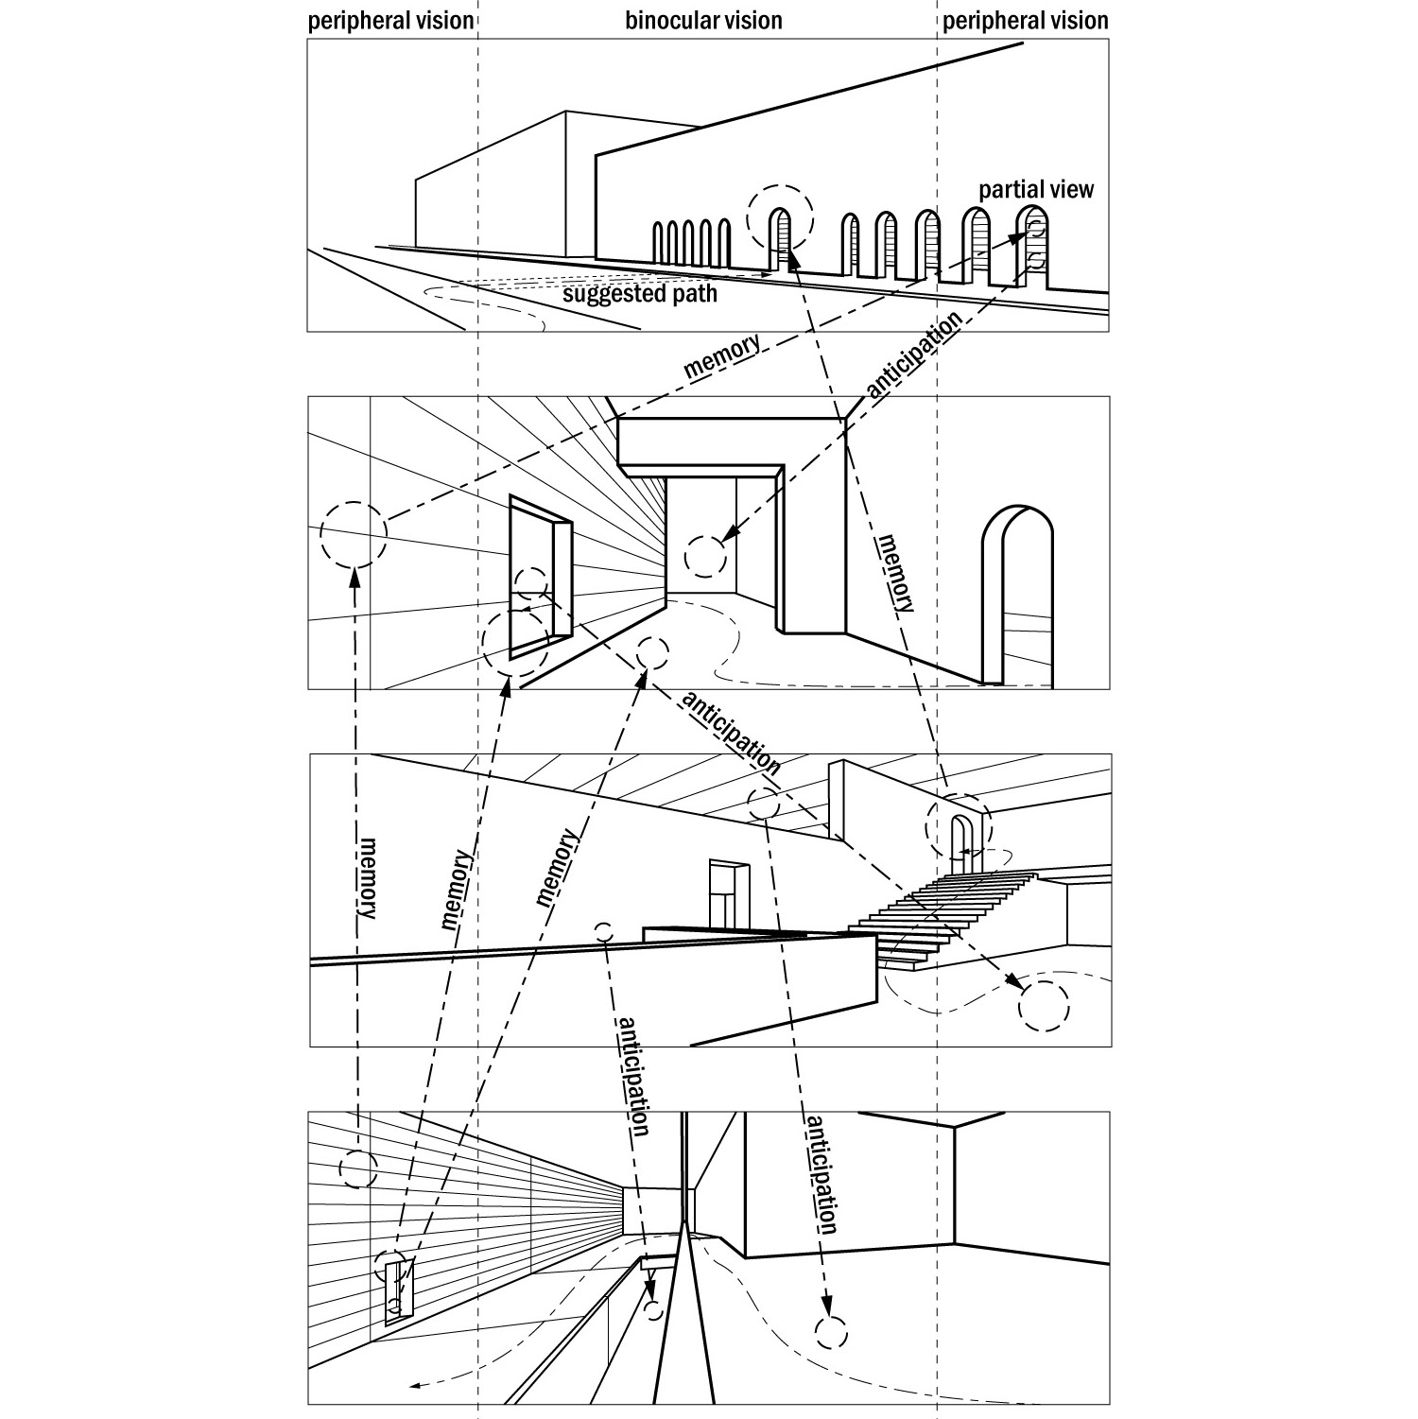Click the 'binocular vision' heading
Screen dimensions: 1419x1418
703,20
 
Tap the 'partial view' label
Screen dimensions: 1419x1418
1036,190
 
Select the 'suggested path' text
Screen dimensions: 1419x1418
640,293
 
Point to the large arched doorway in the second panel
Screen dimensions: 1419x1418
1017,596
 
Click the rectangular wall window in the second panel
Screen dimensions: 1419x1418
534,578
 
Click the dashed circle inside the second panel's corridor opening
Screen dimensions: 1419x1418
705,556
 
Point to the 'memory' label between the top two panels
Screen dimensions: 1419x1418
722,356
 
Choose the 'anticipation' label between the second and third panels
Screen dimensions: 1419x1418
730,735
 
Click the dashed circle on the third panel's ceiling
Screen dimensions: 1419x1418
762,804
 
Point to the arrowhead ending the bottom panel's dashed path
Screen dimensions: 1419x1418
414,1387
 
